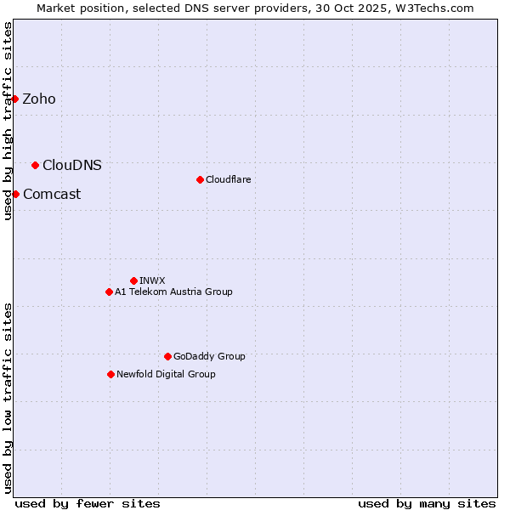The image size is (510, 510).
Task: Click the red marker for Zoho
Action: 15,99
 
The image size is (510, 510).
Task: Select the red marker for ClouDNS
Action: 35,165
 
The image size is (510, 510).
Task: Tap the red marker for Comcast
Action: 15,194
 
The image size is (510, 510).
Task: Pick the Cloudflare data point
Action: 200,179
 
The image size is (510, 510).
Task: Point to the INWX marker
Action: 133,280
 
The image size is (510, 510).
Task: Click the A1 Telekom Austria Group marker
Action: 109,292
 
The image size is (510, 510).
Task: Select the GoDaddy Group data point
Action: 167,356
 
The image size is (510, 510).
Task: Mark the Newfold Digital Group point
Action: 110,374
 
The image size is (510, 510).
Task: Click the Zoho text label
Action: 39,99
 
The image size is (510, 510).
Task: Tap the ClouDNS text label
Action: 71,165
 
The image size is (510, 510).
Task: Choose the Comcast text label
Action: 52,194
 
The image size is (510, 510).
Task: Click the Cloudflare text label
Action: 228,179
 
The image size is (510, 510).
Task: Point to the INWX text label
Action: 152,280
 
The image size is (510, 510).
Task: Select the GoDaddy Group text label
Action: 208,356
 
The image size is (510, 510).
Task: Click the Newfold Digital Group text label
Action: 166,374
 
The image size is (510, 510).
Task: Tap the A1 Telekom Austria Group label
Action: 173,292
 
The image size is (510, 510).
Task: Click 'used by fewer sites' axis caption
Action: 88,503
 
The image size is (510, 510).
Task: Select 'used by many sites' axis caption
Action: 427,503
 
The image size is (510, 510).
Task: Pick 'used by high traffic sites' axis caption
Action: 8,121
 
